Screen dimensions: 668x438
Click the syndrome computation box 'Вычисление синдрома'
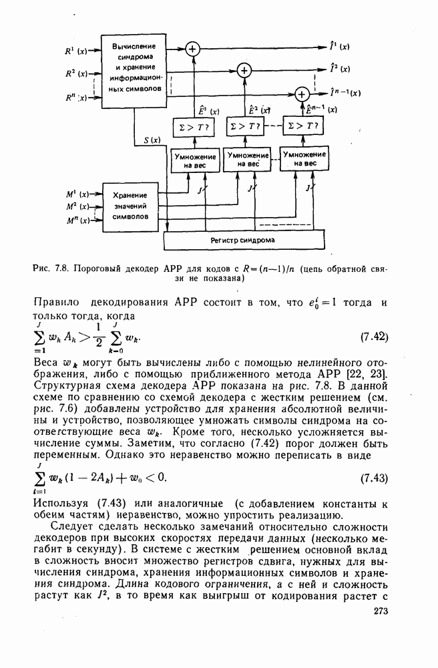[134, 67]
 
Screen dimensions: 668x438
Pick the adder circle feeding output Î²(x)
[244, 70]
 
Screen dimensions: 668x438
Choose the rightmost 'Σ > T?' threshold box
[301, 126]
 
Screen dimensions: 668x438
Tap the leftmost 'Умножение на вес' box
[192, 160]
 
